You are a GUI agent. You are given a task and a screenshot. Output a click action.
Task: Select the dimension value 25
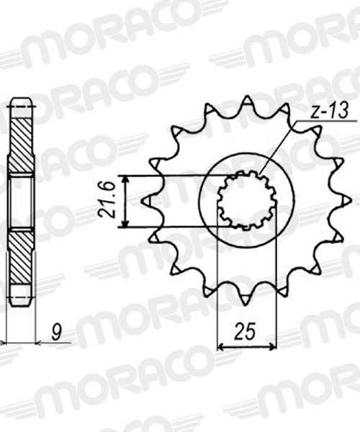[x=246, y=332]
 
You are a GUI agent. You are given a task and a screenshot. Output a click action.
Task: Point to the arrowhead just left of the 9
[x=40, y=343]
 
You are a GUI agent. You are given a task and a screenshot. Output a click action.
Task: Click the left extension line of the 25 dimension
[x=218, y=288]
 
